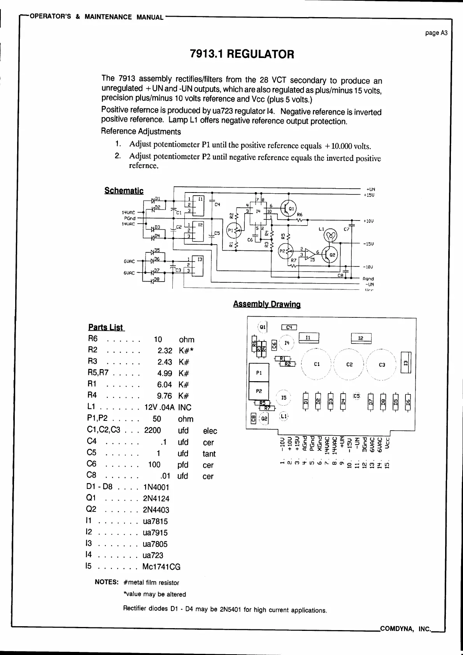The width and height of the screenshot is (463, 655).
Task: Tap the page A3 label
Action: tap(436, 33)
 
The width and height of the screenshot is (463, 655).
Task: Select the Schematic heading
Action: tap(124, 191)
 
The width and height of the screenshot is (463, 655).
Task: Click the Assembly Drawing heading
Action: tap(267, 304)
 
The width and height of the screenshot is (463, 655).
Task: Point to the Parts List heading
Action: tap(105, 327)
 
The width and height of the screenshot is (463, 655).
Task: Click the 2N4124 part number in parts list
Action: tap(156, 499)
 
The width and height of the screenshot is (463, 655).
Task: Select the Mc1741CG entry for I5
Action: tap(161, 567)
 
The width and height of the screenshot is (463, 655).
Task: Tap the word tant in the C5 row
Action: tap(209, 454)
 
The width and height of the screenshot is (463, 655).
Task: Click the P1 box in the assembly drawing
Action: tap(259, 373)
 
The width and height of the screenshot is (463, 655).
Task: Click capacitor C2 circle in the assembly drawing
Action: tap(349, 364)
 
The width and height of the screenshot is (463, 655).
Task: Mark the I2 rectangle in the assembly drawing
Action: tap(361, 338)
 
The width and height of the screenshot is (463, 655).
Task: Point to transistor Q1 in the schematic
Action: tap(289, 209)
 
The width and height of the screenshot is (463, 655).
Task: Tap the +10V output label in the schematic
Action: tap(368, 221)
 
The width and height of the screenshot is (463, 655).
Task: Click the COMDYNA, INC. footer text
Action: tap(405, 629)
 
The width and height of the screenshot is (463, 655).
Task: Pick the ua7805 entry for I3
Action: tap(155, 544)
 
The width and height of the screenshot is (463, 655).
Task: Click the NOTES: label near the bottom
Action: tap(106, 582)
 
